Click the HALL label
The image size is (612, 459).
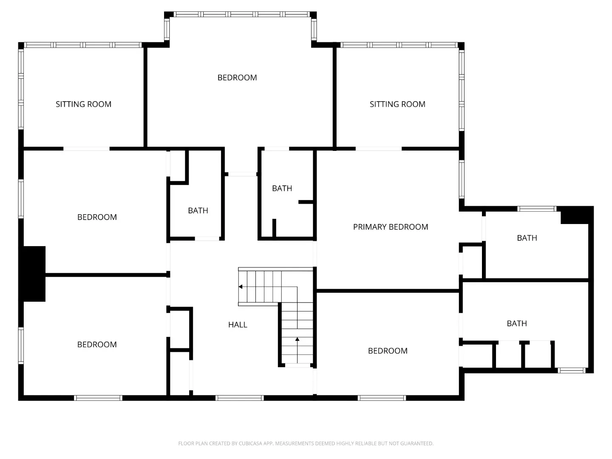(238, 325)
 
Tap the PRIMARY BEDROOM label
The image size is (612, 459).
(390, 227)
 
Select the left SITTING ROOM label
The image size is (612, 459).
(83, 104)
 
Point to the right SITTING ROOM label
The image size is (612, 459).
(397, 104)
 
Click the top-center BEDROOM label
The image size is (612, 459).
(237, 77)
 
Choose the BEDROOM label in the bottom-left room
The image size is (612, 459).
(97, 344)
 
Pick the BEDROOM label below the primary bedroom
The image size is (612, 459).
(388, 351)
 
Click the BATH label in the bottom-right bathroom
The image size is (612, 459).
(517, 323)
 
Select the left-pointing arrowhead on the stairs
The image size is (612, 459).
(241, 287)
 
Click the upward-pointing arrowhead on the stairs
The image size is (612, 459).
(297, 339)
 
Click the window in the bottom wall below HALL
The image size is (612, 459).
(240, 398)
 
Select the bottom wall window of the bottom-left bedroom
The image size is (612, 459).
(98, 398)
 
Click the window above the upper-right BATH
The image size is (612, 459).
(537, 209)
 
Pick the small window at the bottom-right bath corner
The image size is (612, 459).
(572, 370)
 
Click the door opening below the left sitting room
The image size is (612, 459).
(86, 149)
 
